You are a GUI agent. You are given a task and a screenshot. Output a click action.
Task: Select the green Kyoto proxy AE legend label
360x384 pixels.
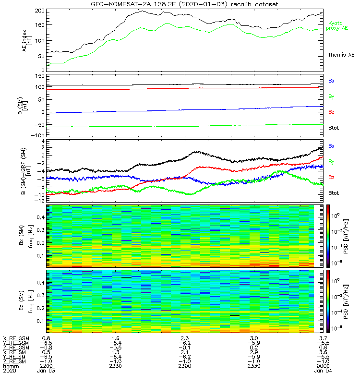click(338, 25)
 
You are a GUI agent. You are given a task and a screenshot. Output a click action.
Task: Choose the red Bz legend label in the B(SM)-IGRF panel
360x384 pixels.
click(331, 177)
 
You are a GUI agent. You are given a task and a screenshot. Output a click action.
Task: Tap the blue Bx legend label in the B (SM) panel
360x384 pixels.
click(331, 81)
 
